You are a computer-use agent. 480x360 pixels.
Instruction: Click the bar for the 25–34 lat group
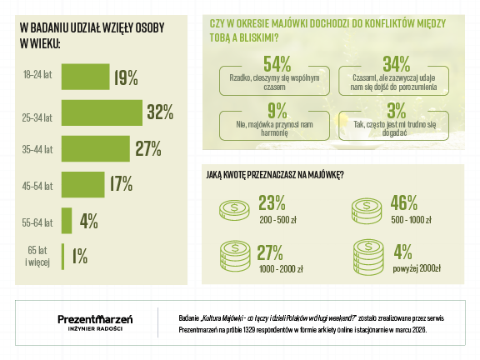(102, 112)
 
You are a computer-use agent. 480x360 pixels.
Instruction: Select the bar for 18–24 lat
(85, 77)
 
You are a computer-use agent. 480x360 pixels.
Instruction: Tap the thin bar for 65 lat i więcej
(62, 257)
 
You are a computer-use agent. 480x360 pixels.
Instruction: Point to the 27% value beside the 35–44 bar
(148, 149)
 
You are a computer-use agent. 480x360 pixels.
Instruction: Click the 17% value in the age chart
(121, 183)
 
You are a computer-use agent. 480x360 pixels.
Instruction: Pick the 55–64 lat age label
(37, 222)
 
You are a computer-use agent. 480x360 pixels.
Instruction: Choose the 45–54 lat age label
(37, 186)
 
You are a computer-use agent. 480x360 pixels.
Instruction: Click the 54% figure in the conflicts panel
(277, 64)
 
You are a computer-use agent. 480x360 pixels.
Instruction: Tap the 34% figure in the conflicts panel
(397, 64)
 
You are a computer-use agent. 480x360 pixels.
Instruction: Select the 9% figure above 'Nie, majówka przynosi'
(277, 111)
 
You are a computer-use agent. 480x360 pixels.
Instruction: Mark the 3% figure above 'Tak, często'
(397, 111)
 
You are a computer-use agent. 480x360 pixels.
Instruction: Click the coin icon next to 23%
(234, 210)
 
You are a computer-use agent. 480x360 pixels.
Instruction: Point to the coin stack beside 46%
(367, 211)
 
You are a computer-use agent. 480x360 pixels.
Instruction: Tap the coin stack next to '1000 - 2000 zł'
(235, 257)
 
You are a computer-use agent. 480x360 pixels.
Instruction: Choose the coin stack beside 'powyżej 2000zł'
(368, 257)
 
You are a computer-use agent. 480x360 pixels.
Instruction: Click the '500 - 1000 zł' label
(411, 220)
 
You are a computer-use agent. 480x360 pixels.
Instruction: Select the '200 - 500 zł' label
(278, 220)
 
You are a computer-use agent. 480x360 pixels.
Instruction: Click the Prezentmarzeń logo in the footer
(95, 322)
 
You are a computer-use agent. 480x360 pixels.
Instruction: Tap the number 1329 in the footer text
(249, 330)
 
